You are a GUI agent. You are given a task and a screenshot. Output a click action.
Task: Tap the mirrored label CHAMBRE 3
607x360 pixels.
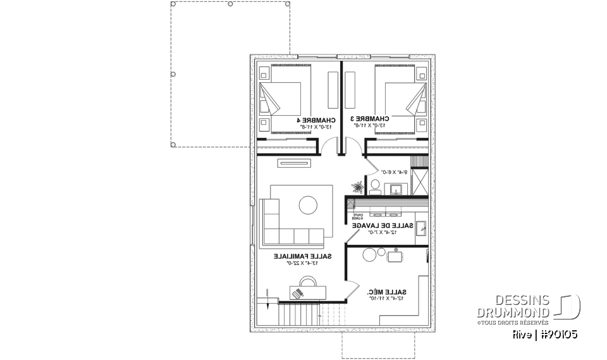tap(369, 119)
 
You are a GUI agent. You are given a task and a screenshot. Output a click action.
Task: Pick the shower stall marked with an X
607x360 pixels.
tap(420, 182)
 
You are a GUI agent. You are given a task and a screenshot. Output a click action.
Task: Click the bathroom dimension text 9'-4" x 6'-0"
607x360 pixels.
tap(391, 171)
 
